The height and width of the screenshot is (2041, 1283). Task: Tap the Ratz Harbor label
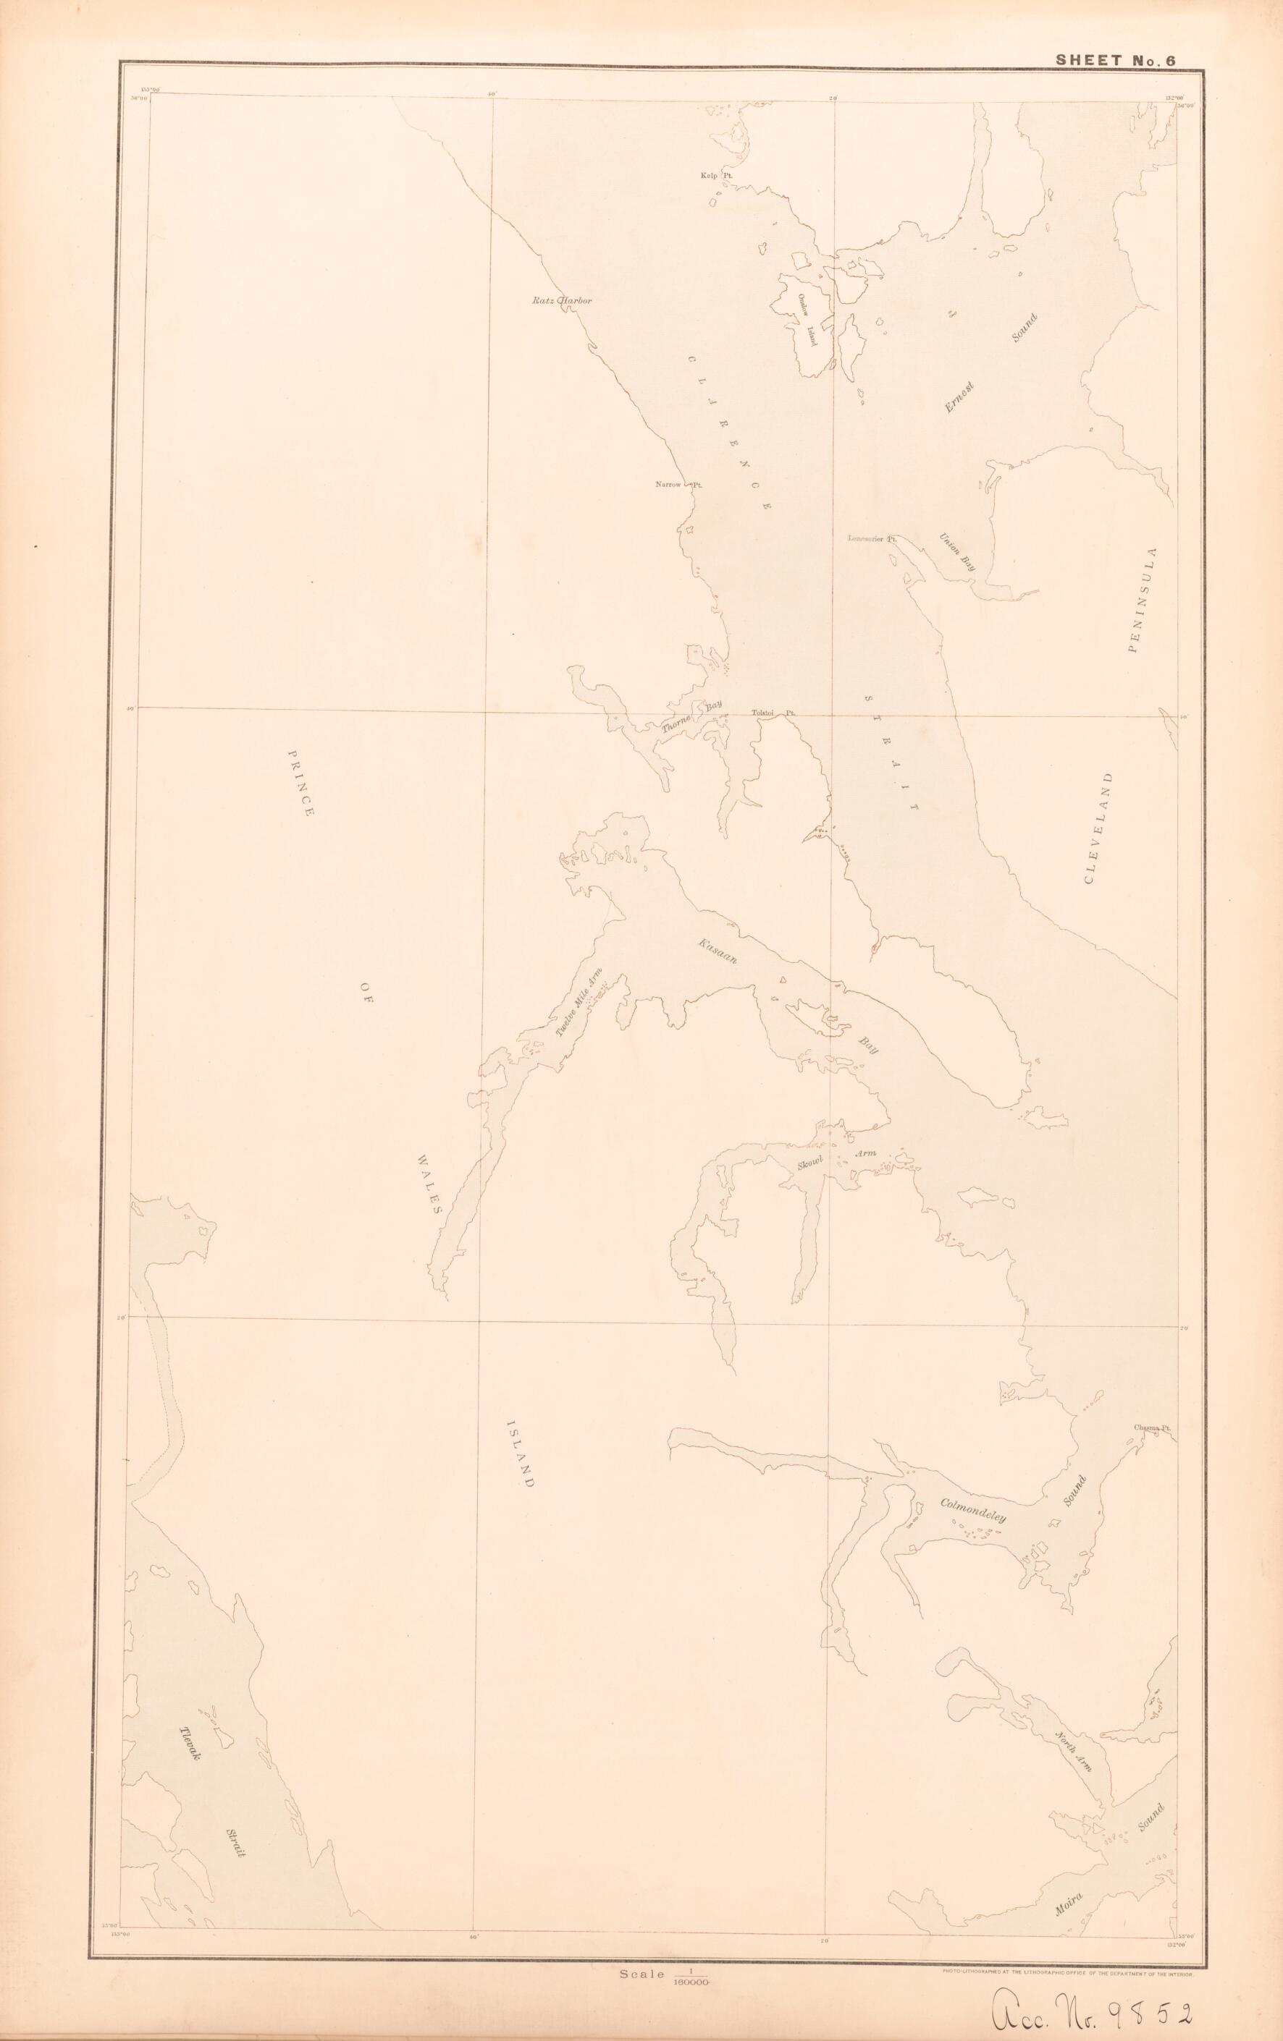pos(560,301)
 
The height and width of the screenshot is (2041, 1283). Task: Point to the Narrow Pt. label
pos(680,485)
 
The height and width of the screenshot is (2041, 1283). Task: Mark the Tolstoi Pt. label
pos(773,713)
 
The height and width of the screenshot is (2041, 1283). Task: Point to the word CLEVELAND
pos(1099,828)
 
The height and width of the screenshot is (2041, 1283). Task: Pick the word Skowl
pos(812,1163)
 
